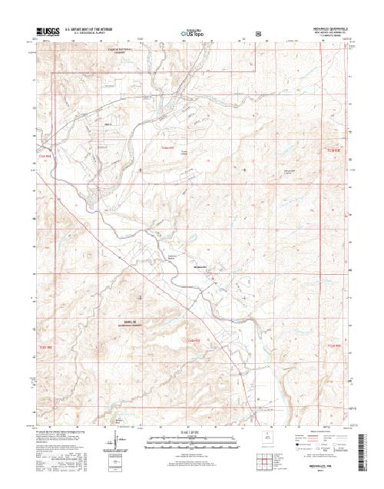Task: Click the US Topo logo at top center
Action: (x=194, y=35)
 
